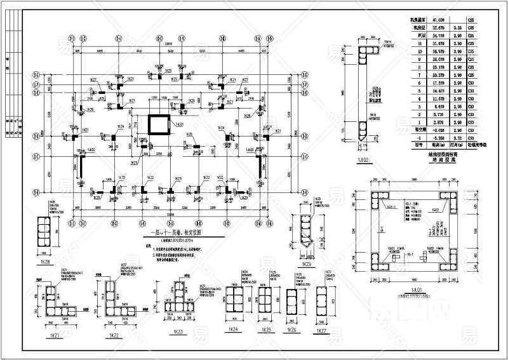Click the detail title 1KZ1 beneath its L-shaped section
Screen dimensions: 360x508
61,334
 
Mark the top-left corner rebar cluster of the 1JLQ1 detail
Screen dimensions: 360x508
385,198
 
